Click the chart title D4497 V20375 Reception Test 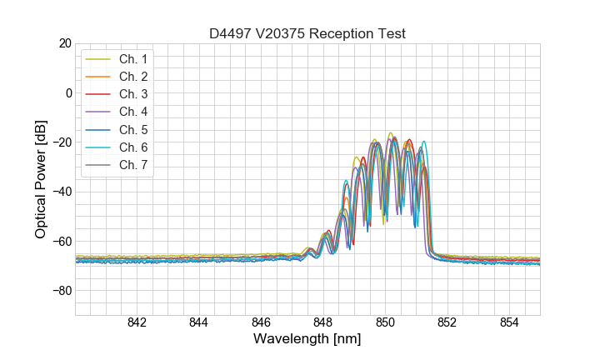pos(307,33)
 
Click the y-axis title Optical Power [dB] pos(41,179)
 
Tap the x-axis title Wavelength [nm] pos(307,339)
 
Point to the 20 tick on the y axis pos(64,43)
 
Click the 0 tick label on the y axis pos(67,92)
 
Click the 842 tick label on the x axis pos(137,323)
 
